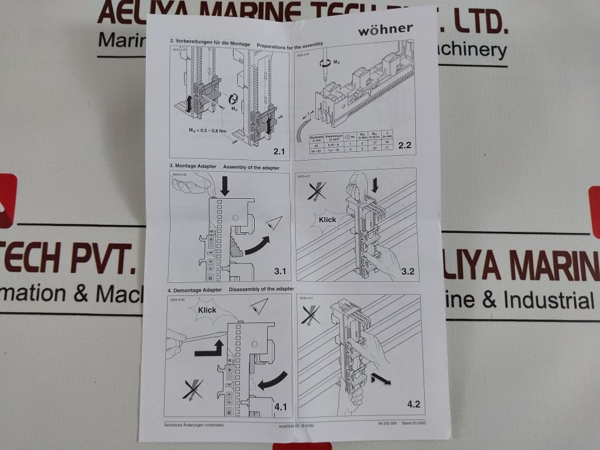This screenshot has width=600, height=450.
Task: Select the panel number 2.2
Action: click(404, 145)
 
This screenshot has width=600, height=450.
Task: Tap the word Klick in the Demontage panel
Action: click(207, 310)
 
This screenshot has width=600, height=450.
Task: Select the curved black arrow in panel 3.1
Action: click(256, 246)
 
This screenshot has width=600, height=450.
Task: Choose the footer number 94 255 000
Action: click(386, 424)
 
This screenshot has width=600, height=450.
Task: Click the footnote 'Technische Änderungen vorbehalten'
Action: click(195, 424)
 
